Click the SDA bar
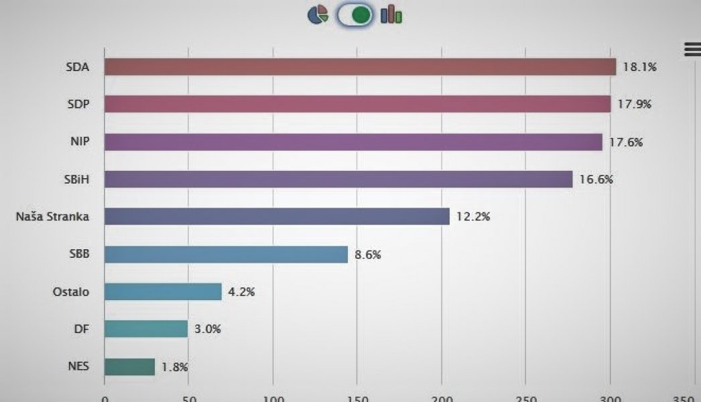point(360,67)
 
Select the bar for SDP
point(358,105)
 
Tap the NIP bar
point(353,142)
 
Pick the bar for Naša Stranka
point(277,216)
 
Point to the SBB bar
point(226,255)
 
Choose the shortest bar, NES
point(129,367)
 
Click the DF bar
point(146,329)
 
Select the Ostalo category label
point(70,292)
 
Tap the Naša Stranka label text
point(52,216)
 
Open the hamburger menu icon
point(692,49)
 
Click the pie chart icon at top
point(318,15)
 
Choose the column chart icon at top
point(391,15)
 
